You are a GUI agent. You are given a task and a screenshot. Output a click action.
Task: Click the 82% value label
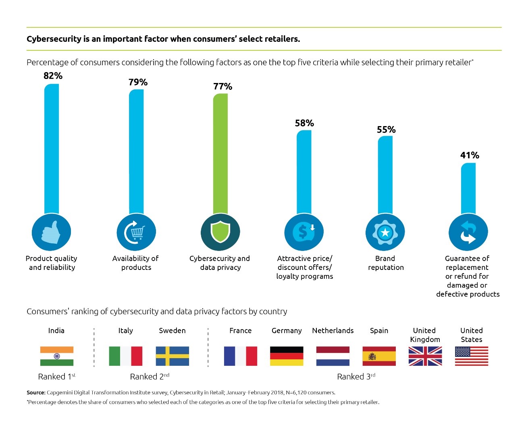tap(53, 76)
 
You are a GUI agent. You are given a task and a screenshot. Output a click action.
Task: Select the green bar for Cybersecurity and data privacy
tap(220, 153)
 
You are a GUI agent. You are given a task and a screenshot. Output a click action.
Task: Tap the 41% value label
tap(470, 155)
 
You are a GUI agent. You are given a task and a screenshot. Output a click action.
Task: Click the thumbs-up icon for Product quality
tap(52, 232)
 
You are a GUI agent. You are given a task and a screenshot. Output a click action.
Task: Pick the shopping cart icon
tap(136, 232)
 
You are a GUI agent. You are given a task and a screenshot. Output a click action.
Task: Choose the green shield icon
tap(220, 232)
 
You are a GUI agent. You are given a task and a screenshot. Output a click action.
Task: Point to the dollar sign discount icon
tap(304, 232)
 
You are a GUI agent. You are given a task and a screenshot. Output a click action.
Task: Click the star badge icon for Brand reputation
tap(385, 232)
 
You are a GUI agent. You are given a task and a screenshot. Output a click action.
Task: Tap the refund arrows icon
tap(468, 232)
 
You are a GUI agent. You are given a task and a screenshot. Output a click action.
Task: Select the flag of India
tap(57, 356)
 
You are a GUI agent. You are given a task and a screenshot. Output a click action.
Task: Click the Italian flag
tap(126, 356)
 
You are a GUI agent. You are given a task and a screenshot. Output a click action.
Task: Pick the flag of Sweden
tap(173, 356)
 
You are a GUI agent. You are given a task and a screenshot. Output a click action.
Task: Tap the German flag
tap(287, 356)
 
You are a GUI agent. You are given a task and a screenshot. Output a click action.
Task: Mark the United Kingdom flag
tap(425, 356)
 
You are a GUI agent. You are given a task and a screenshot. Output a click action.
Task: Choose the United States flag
tap(472, 356)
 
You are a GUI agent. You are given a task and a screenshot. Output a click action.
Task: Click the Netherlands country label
tap(333, 331)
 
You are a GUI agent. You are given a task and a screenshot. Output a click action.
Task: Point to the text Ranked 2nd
tap(150, 377)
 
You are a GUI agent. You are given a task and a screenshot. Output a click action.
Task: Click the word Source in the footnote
tap(36, 393)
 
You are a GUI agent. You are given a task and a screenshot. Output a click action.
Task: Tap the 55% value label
tap(386, 130)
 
